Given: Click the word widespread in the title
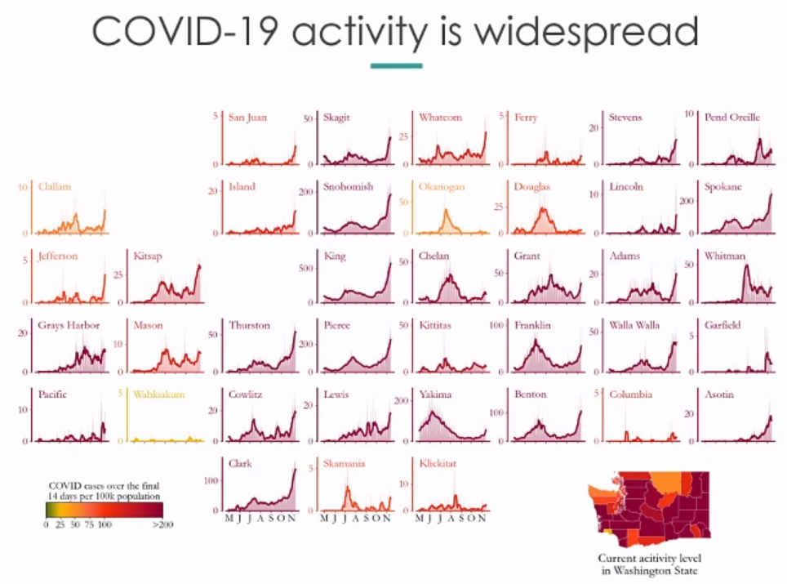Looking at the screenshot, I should pyautogui.click(x=586, y=33).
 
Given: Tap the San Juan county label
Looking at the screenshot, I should pyautogui.click(x=247, y=118).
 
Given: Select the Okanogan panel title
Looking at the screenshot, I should pyautogui.click(x=442, y=187).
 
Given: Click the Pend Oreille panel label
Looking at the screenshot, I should pyautogui.click(x=732, y=118).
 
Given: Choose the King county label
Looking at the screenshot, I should pyautogui.click(x=334, y=256).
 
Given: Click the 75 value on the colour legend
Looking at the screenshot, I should pyautogui.click(x=90, y=524).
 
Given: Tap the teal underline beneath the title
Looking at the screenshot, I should pyautogui.click(x=396, y=66).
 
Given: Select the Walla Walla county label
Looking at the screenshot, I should pyautogui.click(x=634, y=325).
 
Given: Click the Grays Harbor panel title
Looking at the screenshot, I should pyautogui.click(x=69, y=325).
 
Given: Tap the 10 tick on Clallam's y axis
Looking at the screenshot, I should pyautogui.click(x=23, y=188).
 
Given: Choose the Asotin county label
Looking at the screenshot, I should pyautogui.click(x=720, y=395).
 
